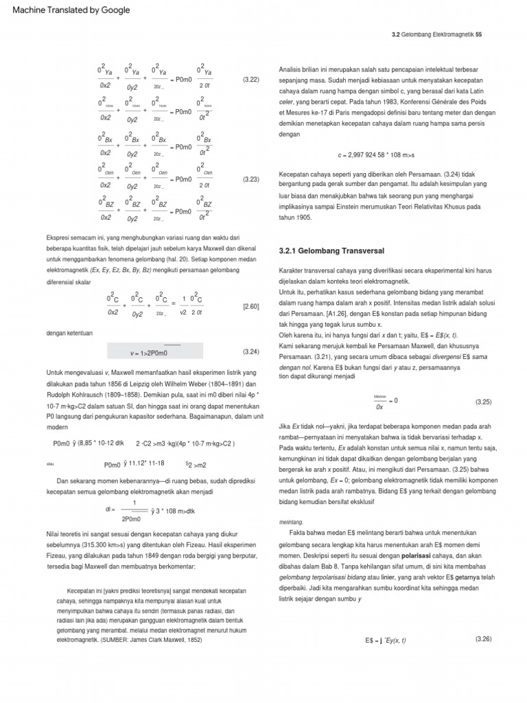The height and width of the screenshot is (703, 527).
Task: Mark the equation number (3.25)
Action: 484,400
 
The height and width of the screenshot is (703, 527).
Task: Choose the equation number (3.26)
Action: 484,639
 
